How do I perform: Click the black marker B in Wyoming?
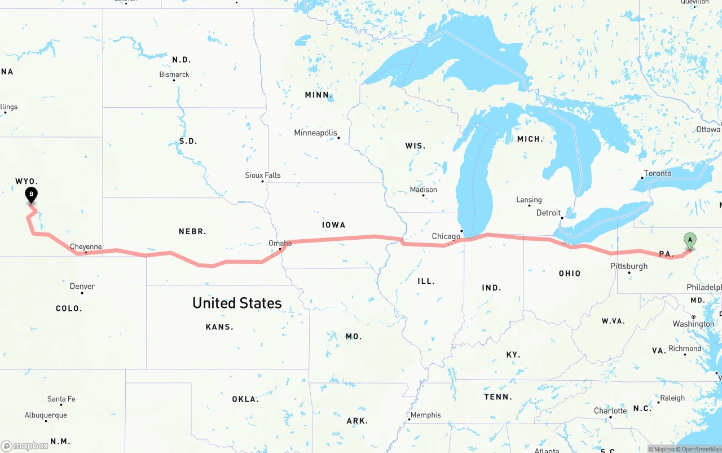pos(32,195)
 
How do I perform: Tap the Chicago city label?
pos(446,236)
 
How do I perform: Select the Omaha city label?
pos(280,243)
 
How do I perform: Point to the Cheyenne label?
pos(86,247)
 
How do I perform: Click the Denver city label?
pos(82,286)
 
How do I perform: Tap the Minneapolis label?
pos(315,133)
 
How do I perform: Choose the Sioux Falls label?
pos(263,175)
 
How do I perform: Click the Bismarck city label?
pos(174,74)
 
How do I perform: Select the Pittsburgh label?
pos(629,266)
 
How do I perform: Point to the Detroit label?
pos(548,213)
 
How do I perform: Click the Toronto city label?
pos(658,173)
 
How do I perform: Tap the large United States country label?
pos(237,303)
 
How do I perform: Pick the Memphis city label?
pos(425,415)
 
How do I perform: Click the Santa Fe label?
pos(61,399)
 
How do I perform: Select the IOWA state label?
pos(333,225)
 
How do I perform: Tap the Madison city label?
pos(424,190)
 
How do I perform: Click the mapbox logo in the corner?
pos(25,446)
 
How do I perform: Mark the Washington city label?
pos(693,324)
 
